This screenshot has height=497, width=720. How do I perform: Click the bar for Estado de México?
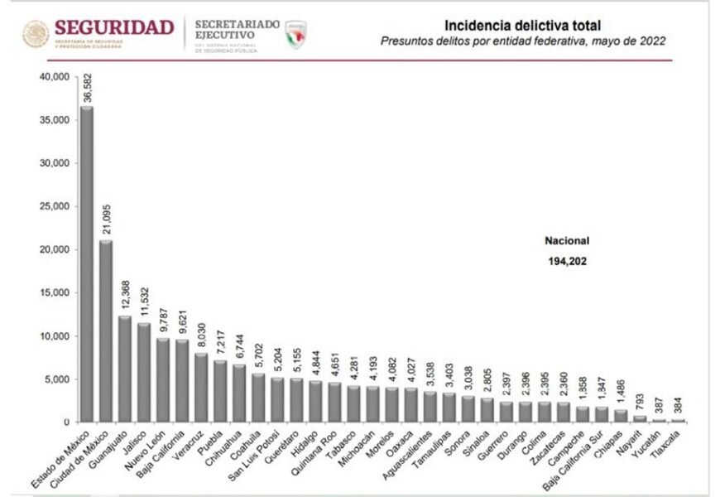click(x=87, y=265)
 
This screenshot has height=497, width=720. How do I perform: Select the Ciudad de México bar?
click(x=106, y=331)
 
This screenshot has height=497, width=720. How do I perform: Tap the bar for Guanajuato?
click(x=125, y=369)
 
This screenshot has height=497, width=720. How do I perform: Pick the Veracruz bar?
click(x=202, y=388)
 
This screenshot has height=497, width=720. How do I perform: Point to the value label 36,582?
click(x=87, y=88)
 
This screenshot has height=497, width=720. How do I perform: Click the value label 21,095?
click(x=106, y=221)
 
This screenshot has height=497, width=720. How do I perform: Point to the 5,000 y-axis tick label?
click(x=58, y=379)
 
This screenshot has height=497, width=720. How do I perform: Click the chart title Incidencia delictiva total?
click(x=523, y=25)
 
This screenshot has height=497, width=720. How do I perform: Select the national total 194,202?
click(x=566, y=261)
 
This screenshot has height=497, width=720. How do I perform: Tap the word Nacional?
click(x=566, y=241)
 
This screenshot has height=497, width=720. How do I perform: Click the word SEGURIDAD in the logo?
click(x=114, y=27)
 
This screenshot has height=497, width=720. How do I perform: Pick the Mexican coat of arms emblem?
click(x=36, y=34)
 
